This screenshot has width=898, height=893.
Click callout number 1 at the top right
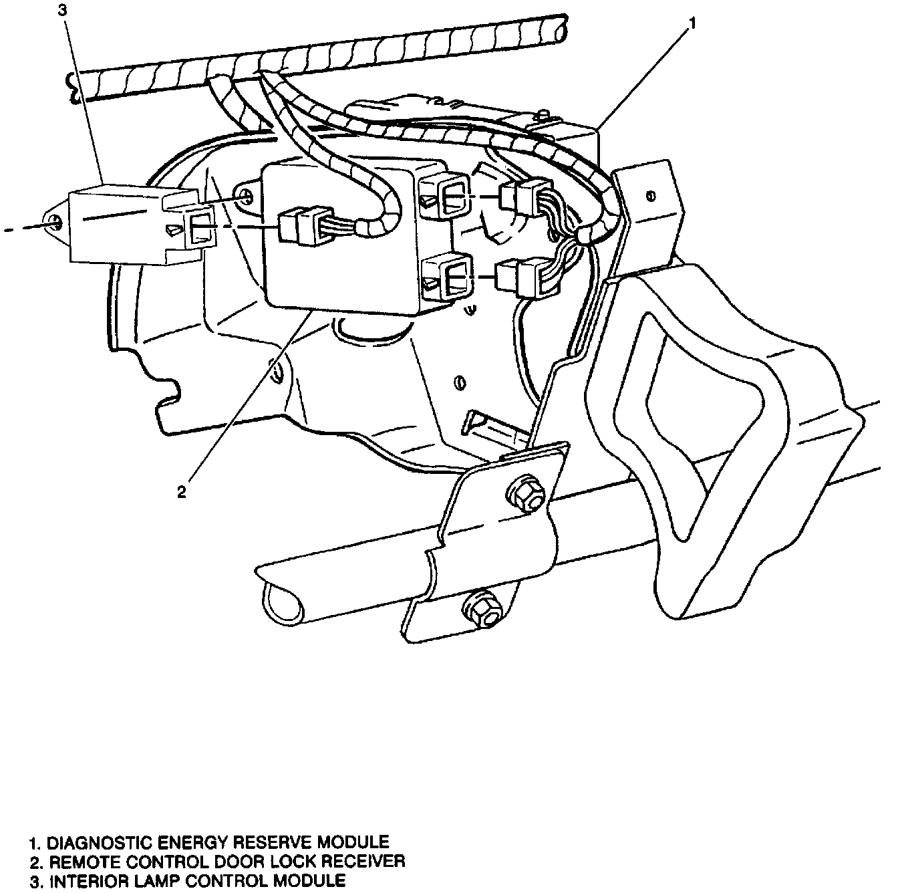[x=692, y=23]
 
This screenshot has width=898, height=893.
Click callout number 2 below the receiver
[x=181, y=491]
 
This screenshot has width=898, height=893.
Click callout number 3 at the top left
[x=62, y=10]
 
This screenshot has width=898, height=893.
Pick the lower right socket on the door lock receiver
[x=446, y=278]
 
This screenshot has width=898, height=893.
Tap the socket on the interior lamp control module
[x=200, y=227]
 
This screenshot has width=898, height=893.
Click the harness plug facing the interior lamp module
[x=306, y=225]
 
